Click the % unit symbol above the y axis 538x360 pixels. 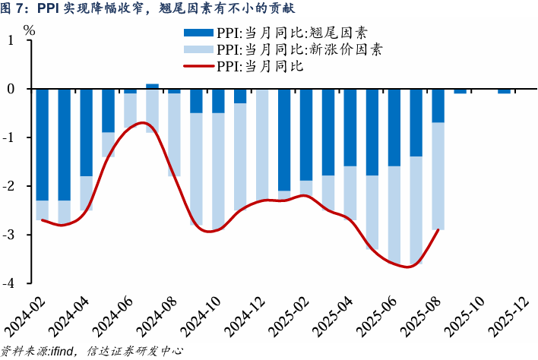click(x=30, y=31)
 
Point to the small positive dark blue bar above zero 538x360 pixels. click(x=152, y=86)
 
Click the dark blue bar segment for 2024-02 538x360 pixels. click(x=43, y=144)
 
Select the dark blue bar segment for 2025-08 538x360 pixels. click(x=438, y=106)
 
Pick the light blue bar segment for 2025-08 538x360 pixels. click(x=438, y=175)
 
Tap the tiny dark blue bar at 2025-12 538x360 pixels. click(x=504, y=91)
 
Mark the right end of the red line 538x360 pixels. click(x=438, y=229)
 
